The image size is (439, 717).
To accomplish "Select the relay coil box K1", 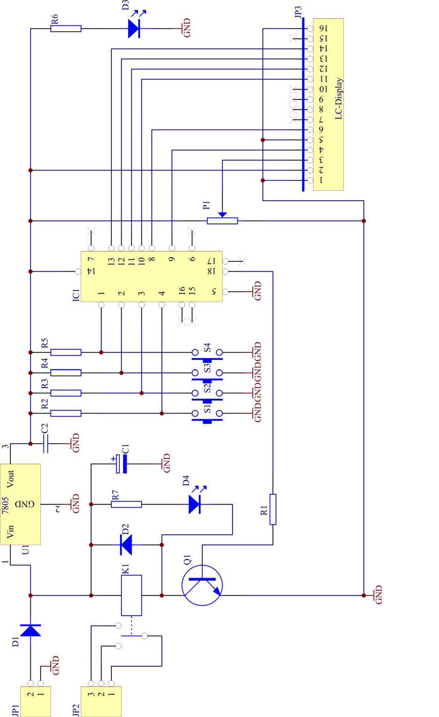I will [132, 595].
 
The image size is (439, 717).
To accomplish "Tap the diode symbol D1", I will [30, 630].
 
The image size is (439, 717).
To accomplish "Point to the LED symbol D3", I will [134, 29].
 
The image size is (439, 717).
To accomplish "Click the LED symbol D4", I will [195, 504].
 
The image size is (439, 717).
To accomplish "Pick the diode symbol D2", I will [126, 545].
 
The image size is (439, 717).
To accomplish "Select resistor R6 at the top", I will [66, 29].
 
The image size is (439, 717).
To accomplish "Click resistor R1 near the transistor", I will [272, 509].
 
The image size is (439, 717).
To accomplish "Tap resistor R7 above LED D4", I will [126, 504].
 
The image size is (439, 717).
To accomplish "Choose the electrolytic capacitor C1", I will [122, 464].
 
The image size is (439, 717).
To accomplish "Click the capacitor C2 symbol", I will [45, 443].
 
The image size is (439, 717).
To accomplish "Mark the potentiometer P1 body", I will [222, 220].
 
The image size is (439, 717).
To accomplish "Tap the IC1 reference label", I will [76, 294].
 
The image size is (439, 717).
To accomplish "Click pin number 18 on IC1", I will [211, 271].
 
